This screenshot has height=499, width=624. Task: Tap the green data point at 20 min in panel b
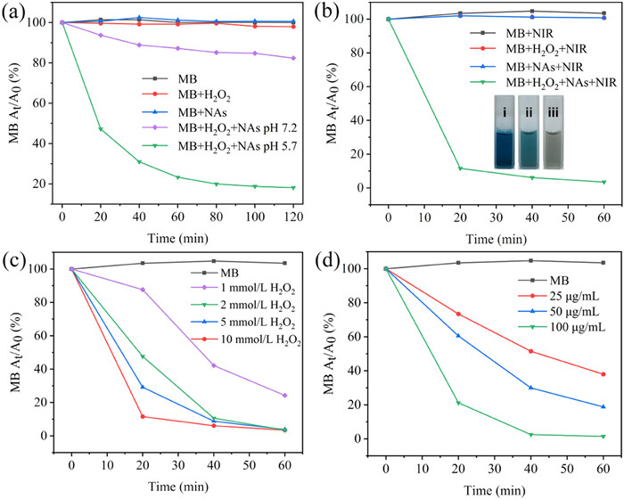(461, 168)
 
